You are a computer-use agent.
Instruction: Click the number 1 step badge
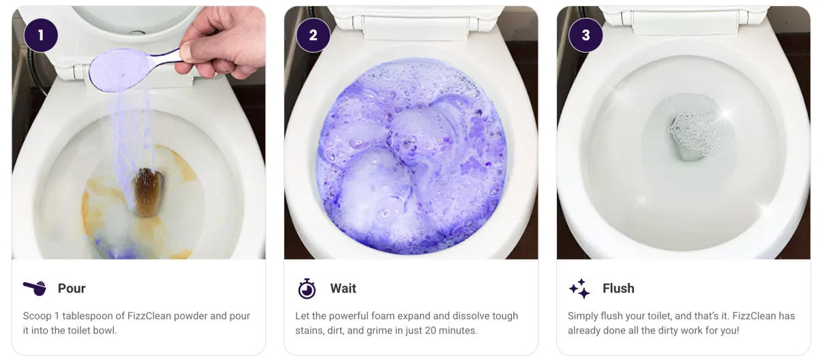(41, 35)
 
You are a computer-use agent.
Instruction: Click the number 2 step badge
(314, 35)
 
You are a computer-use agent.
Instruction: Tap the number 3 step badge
(586, 35)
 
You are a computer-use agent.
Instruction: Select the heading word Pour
(72, 288)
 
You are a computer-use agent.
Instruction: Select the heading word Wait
(344, 288)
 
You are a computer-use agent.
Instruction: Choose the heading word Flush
(618, 288)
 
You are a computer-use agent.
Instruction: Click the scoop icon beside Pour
(35, 288)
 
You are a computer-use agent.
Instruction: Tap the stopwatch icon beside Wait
(307, 288)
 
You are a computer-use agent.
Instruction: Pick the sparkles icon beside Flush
(579, 288)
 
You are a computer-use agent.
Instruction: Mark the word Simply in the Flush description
(584, 316)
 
